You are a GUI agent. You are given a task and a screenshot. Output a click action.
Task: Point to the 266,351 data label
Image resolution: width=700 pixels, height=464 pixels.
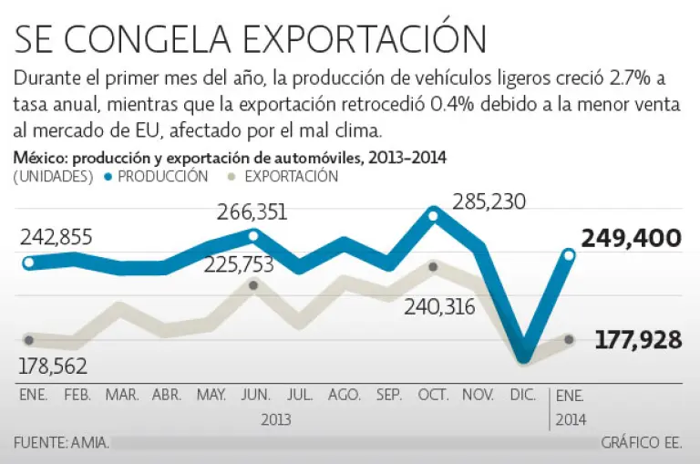(252, 212)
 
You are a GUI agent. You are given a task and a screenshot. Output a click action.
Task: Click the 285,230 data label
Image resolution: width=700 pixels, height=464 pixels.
(490, 201)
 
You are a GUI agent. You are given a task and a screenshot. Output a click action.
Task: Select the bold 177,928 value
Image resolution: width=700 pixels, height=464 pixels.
(638, 340)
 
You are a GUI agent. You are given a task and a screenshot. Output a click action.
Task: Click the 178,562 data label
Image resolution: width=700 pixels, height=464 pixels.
(56, 366)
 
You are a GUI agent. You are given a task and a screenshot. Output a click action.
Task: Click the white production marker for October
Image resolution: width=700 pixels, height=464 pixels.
(433, 215)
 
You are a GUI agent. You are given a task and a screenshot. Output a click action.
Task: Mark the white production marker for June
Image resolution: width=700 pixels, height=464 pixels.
(253, 236)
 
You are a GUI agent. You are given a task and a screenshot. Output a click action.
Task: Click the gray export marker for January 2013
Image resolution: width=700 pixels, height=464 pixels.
(29, 340)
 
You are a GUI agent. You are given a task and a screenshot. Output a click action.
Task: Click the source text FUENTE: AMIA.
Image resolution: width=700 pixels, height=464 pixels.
(62, 443)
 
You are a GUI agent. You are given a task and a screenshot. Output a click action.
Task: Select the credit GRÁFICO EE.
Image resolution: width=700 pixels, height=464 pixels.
(641, 443)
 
